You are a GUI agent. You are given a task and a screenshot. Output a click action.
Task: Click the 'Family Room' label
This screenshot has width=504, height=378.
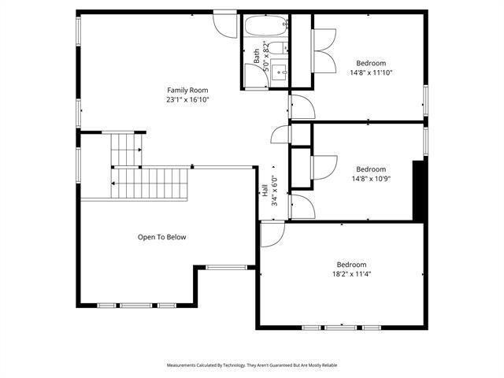[187, 91]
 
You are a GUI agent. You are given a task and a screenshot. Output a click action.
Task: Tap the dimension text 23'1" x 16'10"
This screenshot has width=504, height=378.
[187, 100]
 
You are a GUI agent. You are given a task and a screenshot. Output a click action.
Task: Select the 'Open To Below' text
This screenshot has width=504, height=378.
[162, 237]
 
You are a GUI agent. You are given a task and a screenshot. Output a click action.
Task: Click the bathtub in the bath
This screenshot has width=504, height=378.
[265, 27]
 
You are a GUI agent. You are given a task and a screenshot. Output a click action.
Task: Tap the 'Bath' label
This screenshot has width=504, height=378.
[257, 57]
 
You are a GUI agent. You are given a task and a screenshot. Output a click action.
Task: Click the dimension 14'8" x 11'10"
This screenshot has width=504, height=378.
[371, 72]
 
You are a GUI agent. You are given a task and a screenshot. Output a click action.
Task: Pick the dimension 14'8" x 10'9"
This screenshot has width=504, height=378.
[371, 179]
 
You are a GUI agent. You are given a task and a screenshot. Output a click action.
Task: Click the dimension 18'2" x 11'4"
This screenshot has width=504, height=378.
[352, 274]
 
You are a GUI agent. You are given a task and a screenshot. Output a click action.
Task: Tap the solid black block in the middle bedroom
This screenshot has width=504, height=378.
[419, 190]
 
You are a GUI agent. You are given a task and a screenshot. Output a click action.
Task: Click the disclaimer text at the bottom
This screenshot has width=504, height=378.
[251, 365]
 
